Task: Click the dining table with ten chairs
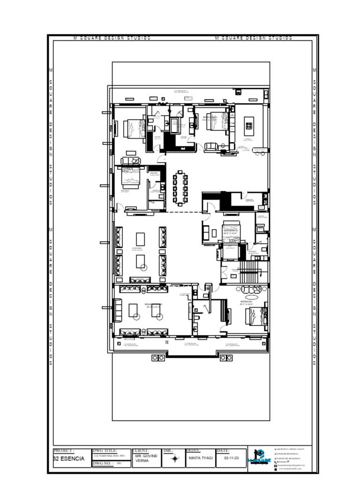point(180,188)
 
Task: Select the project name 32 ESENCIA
point(69,458)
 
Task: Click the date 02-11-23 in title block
point(232,457)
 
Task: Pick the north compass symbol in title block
point(175,458)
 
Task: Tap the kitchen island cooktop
point(248,126)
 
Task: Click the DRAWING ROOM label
point(154,305)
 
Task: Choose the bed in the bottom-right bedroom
point(255,315)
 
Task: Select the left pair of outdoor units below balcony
point(158,358)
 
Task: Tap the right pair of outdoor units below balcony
point(226,358)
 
